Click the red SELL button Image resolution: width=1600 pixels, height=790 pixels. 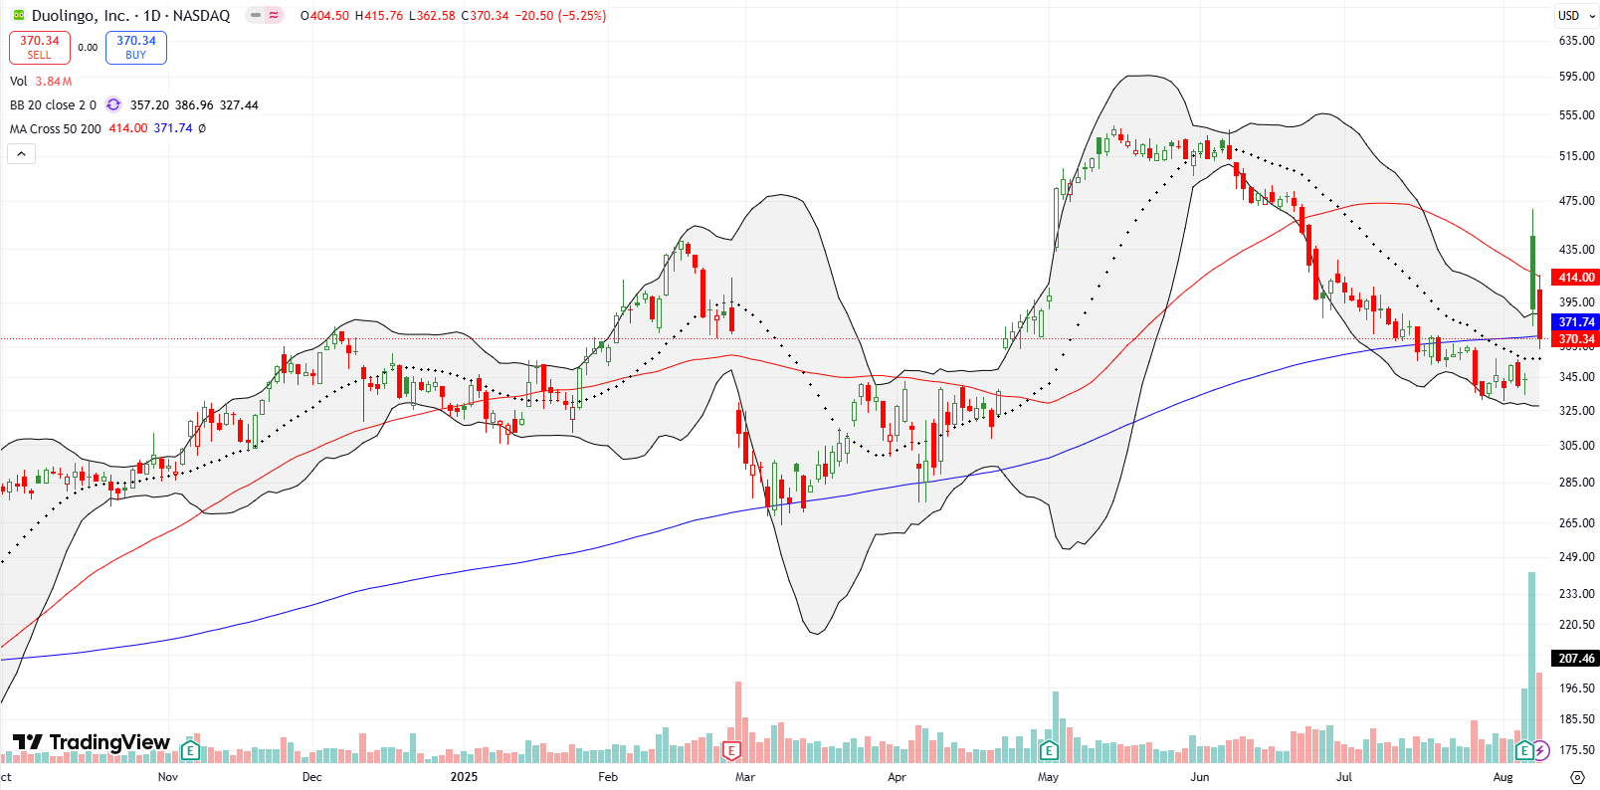[x=40, y=47]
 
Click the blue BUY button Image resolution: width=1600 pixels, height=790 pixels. [x=136, y=47]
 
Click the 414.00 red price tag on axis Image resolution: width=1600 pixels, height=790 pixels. [x=1576, y=278]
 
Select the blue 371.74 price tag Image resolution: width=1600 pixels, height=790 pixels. [x=1576, y=321]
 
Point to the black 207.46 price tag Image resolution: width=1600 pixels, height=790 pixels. [x=1576, y=658]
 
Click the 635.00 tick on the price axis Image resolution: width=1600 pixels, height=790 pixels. [x=1576, y=41]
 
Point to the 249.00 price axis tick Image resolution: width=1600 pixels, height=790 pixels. [x=1576, y=557]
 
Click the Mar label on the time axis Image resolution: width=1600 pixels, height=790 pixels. [x=744, y=777]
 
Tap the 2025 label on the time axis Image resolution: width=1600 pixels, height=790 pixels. [x=464, y=777]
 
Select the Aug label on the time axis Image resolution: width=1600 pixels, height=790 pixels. [x=1502, y=777]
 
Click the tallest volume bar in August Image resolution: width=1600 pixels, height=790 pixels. [x=1531, y=667]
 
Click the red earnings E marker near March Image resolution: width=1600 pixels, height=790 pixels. [x=732, y=750]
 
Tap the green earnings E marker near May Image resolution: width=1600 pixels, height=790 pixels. [x=1047, y=750]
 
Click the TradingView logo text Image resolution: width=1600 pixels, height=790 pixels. [x=92, y=742]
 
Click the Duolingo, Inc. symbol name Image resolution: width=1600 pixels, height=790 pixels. [x=81, y=15]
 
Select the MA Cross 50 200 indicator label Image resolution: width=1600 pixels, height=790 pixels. [x=56, y=128]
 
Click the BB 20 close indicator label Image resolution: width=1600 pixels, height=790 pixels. [x=53, y=104]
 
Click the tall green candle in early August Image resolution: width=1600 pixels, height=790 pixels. [x=1532, y=271]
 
